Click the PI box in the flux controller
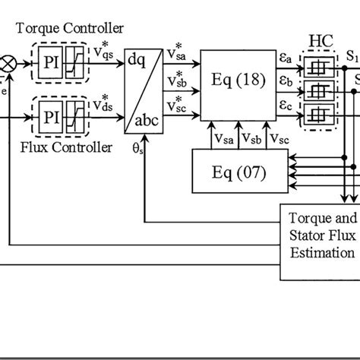point(47,118)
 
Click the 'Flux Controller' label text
point(68,147)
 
